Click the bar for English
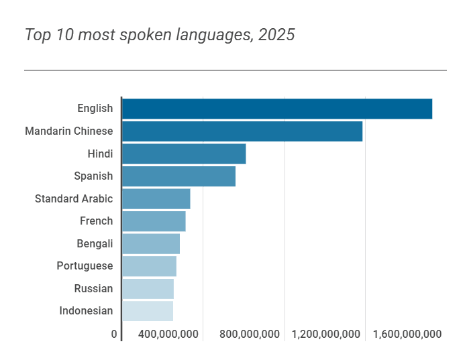click(x=276, y=109)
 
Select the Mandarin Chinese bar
click(x=242, y=131)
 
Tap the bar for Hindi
click(x=184, y=154)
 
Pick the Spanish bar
click(x=178, y=176)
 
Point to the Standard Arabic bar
click(x=156, y=199)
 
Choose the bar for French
click(x=154, y=221)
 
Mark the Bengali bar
click(x=151, y=244)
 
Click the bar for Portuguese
click(x=149, y=266)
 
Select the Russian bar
click(x=148, y=289)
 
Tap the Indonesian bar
click(x=148, y=311)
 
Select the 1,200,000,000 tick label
click(x=327, y=335)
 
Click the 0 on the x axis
click(x=114, y=335)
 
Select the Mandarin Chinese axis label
click(x=68, y=131)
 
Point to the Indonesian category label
click(x=86, y=311)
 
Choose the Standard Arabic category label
click(x=74, y=199)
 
